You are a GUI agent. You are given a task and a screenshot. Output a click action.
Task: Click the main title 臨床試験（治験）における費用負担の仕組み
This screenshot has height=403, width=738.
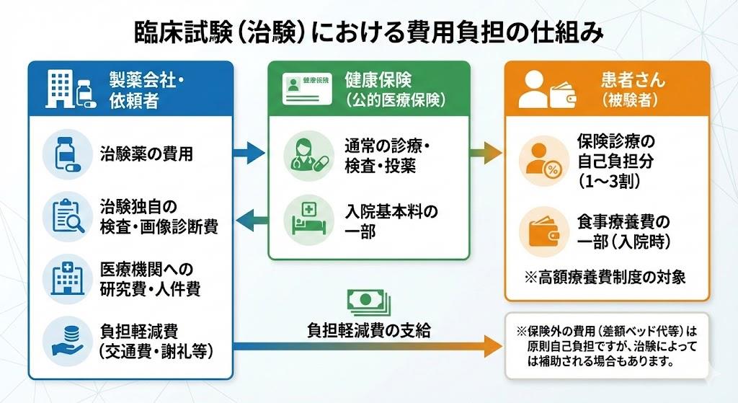368,32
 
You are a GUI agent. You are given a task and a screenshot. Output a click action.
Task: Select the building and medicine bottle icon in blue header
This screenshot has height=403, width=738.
70,89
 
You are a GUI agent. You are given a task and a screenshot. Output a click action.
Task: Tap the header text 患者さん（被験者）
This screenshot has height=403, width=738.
633,89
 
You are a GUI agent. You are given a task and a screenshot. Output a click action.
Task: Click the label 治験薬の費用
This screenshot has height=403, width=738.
146,153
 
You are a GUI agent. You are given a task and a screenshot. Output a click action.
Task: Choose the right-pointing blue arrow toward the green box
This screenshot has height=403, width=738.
249,153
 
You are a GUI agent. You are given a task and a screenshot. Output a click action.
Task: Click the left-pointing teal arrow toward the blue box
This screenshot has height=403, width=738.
249,219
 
